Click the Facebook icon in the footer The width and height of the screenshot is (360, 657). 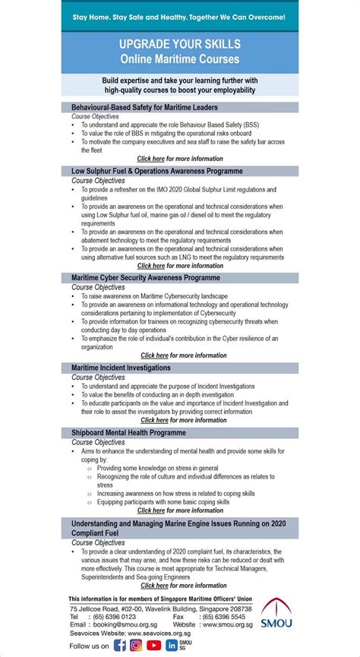[x=120, y=645]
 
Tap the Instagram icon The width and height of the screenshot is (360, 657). [x=137, y=645]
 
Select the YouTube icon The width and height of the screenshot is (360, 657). [x=153, y=645]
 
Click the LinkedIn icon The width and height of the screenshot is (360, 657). [x=172, y=645]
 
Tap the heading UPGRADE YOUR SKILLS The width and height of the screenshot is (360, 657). [x=179, y=45]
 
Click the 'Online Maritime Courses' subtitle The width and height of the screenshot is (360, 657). [x=179, y=58]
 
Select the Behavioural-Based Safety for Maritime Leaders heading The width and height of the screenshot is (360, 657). [x=144, y=107]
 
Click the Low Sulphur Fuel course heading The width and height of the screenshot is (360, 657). [x=157, y=171]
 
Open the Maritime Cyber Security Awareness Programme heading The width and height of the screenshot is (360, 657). [x=146, y=278]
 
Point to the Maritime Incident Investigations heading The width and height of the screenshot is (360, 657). [x=121, y=368]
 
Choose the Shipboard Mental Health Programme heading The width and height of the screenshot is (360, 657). [x=128, y=432]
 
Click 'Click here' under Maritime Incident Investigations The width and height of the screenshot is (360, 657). [x=154, y=420]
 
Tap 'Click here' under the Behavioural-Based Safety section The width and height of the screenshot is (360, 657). [x=150, y=159]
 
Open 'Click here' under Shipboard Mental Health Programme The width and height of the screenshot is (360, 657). [x=150, y=510]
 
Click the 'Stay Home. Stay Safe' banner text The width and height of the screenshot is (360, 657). [x=179, y=16]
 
